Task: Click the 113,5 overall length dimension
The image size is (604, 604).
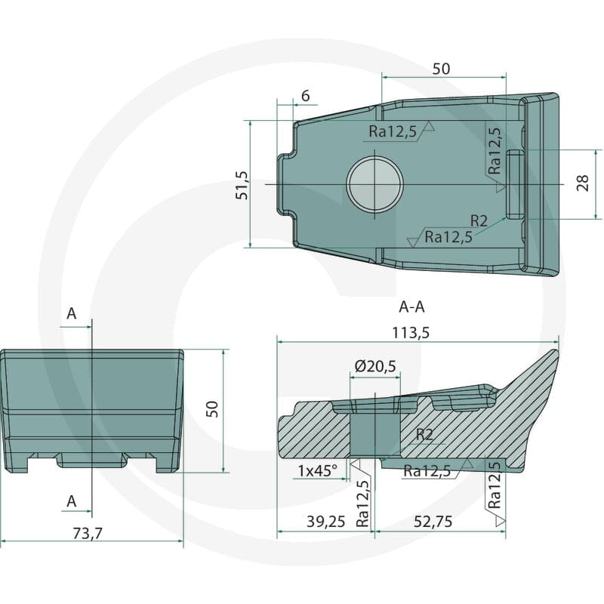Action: (410, 332)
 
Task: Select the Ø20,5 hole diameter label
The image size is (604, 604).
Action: (374, 366)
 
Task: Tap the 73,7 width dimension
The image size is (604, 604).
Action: (88, 534)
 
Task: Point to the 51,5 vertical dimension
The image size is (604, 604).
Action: (242, 185)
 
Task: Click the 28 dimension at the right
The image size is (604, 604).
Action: (583, 183)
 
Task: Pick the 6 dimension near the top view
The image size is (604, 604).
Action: (306, 96)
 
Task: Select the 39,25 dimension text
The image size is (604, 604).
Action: (326, 522)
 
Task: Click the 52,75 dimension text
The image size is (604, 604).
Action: (433, 522)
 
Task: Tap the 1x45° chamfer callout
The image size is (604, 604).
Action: (317, 470)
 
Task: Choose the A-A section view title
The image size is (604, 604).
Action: (411, 307)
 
